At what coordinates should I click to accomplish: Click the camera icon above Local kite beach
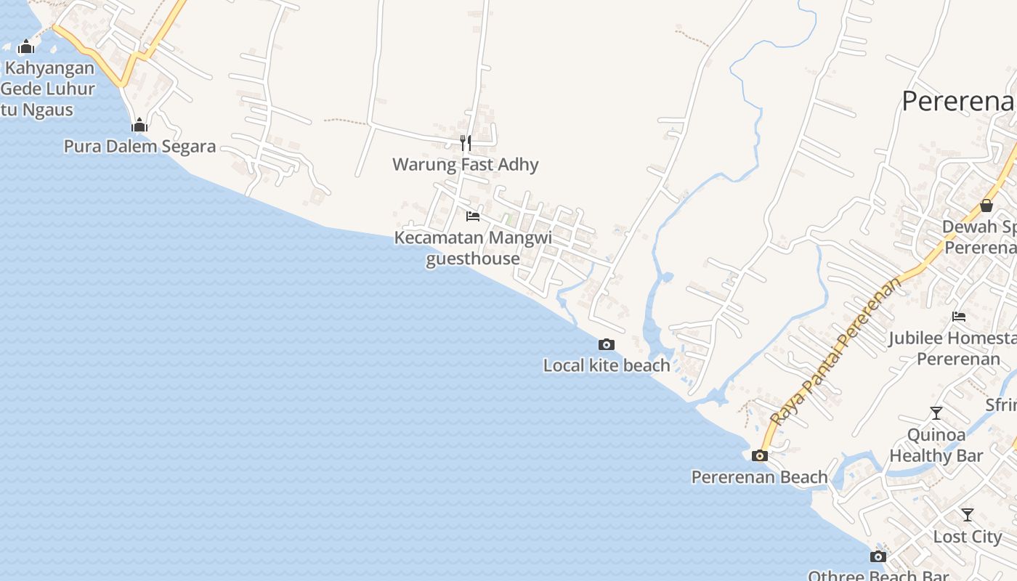[x=607, y=344]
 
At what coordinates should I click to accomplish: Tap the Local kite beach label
[x=607, y=365]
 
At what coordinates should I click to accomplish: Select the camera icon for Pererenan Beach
[x=760, y=456]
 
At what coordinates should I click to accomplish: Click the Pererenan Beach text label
[x=759, y=477]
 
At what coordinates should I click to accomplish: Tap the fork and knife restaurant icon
[x=466, y=142]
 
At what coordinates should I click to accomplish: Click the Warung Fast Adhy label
[x=466, y=164]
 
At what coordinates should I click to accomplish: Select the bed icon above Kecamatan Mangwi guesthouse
[x=473, y=216]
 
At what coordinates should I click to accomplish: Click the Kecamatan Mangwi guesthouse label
[x=473, y=248]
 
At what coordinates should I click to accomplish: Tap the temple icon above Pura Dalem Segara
[x=139, y=126]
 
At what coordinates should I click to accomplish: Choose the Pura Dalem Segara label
[x=139, y=147]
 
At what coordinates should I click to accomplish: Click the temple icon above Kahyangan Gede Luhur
[x=26, y=47]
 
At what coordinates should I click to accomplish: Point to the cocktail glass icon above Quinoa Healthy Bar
[x=936, y=413]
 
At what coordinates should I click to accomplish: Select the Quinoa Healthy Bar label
[x=936, y=445]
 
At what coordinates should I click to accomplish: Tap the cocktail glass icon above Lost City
[x=968, y=515]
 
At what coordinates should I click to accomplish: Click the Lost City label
[x=968, y=537]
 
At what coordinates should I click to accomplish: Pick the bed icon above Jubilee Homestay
[x=959, y=317]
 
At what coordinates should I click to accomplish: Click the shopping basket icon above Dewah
[x=986, y=206]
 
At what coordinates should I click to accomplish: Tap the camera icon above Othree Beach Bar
[x=878, y=557]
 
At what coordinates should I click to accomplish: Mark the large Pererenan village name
[x=957, y=102]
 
